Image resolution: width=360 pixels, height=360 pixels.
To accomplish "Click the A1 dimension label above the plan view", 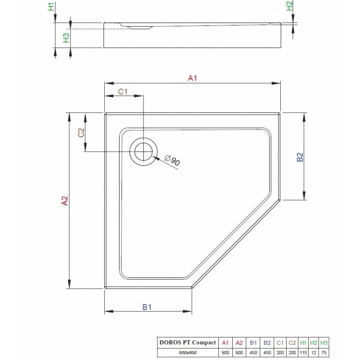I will click(x=193, y=78).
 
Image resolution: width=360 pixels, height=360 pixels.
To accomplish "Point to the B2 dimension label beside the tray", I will click(x=299, y=158).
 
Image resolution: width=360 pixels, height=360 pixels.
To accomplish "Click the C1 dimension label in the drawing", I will click(x=123, y=91).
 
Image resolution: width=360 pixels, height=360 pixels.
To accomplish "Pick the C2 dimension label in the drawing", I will click(x=81, y=132).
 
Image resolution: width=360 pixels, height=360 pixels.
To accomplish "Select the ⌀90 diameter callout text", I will click(x=172, y=161).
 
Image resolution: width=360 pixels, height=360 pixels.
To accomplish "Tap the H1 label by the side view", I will click(x=51, y=7).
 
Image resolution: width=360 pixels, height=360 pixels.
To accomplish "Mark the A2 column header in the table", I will click(x=239, y=343).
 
